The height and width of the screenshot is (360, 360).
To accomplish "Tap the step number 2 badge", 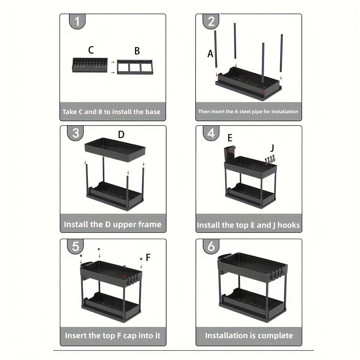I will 211,22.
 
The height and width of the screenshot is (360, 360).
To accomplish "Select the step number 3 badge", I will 76,133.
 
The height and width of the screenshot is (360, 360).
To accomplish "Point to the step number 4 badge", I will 211,133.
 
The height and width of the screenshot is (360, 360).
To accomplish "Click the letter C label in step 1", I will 91,50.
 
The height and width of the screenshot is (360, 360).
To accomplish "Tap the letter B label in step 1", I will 137,51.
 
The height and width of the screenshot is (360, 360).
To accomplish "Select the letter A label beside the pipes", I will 210,54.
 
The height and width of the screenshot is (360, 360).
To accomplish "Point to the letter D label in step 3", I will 121,135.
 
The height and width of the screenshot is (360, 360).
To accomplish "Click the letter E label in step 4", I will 230,138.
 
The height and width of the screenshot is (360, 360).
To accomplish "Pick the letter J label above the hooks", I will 272,148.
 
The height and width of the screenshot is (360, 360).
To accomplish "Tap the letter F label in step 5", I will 148,257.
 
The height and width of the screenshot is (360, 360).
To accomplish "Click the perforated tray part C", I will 90,66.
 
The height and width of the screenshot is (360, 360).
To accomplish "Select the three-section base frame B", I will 135,67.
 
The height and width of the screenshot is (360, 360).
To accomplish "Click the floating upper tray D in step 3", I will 115,150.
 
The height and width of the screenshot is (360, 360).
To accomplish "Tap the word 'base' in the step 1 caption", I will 153,112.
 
